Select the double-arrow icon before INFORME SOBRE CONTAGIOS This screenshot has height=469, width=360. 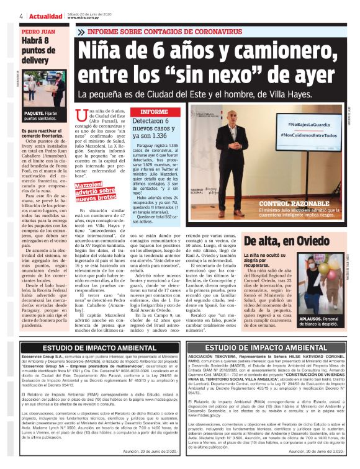pos(81,31)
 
